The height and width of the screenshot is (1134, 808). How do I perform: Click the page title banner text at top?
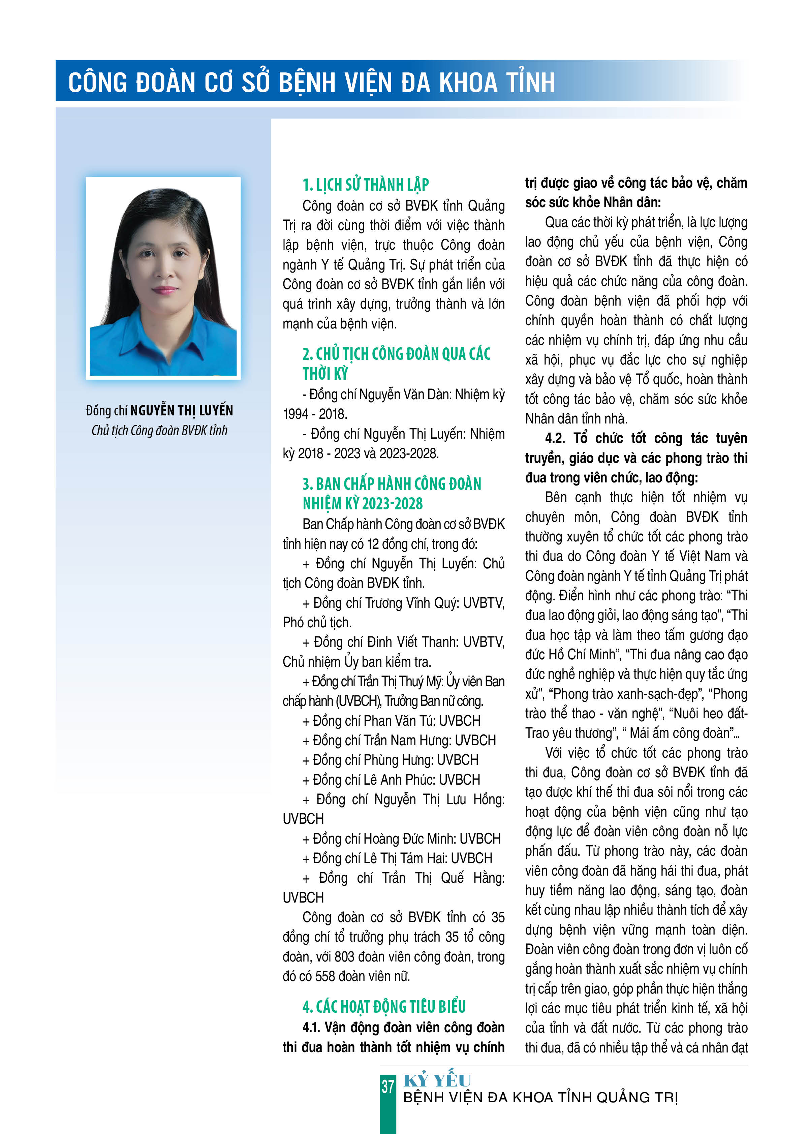[x=311, y=83]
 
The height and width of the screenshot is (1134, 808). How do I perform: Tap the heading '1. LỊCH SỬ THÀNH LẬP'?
[x=365, y=185]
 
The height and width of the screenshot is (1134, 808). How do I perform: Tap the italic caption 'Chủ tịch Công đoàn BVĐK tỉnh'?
[x=159, y=430]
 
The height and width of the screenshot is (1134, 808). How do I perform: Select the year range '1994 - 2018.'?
[x=315, y=414]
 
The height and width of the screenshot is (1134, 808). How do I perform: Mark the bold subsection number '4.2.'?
[x=556, y=438]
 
